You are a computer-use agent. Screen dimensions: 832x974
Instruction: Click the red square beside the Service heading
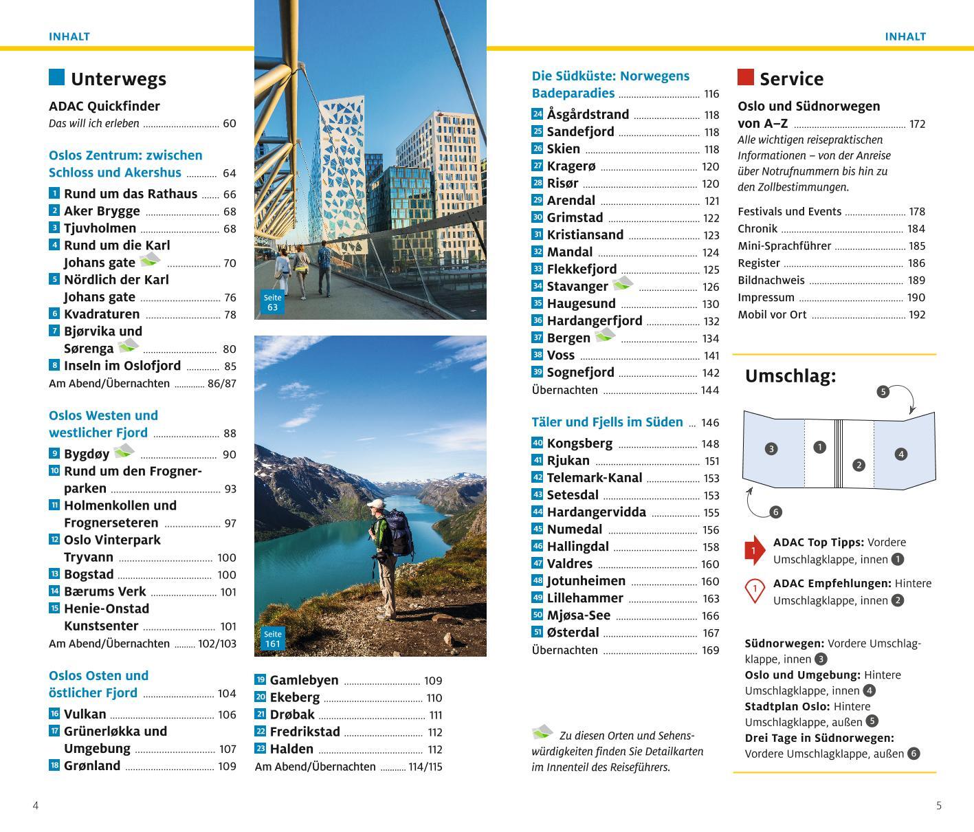[x=745, y=77]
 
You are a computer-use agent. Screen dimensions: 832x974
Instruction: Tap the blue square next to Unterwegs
[x=56, y=77]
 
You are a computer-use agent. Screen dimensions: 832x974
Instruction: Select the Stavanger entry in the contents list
[x=577, y=287]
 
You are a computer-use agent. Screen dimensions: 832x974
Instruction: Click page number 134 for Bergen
[x=711, y=338]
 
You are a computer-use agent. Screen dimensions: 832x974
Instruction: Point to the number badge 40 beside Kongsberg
[x=538, y=444]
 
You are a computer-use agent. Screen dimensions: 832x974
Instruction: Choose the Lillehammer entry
[x=585, y=598]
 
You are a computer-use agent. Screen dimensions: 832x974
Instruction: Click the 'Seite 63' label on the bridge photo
[x=272, y=303]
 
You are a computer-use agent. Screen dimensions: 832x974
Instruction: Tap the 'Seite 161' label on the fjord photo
[x=272, y=639]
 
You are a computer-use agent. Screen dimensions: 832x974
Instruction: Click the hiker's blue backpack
[x=400, y=533]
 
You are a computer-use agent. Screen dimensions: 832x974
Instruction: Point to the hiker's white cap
[x=375, y=504]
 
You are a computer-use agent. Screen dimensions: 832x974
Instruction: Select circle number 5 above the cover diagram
[x=883, y=392]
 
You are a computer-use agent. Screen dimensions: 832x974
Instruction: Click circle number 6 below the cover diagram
[x=775, y=512]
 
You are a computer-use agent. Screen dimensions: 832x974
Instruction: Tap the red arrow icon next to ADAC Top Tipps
[x=754, y=550]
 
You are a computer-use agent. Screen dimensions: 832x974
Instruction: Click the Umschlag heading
[x=790, y=376]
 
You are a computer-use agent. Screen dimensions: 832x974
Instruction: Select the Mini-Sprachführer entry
[x=784, y=246]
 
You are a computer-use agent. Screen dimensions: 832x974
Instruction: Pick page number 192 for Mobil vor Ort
[x=917, y=315]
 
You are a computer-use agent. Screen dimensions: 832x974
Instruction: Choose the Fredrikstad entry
[x=305, y=732]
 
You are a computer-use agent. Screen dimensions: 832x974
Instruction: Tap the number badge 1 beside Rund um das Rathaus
[x=54, y=194]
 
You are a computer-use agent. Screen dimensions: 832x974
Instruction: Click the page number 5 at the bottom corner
[x=939, y=806]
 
